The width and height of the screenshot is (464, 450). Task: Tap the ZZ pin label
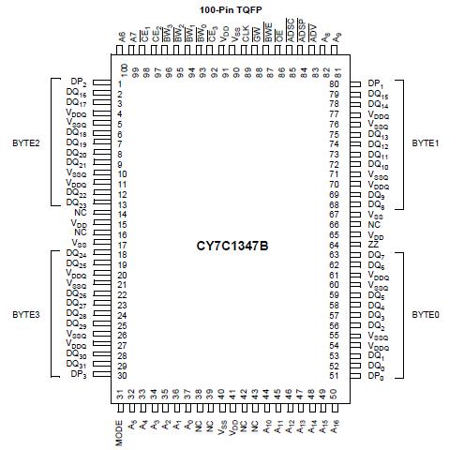pos(374,244)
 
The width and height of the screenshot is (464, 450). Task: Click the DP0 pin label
pos(376,376)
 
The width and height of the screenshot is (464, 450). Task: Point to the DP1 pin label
pos(376,84)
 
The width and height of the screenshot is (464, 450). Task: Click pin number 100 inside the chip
pos(124,68)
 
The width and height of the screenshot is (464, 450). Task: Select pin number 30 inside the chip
pos(122,376)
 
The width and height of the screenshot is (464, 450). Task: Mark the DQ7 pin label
pos(377,255)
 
